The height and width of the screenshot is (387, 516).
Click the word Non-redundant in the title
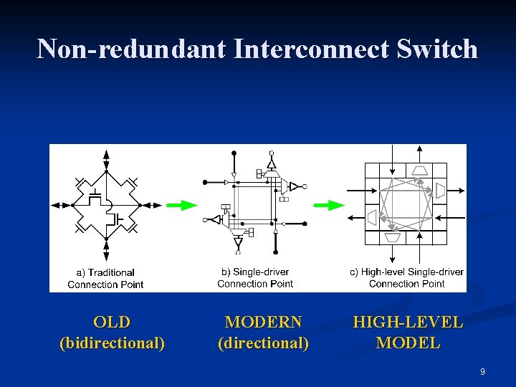pyautogui.click(x=130, y=49)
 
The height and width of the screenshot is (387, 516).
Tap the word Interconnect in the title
pyautogui.click(x=311, y=49)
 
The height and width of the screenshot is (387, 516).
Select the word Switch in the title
pyautogui.click(x=439, y=49)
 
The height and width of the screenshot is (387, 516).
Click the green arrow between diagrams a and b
pyautogui.click(x=181, y=205)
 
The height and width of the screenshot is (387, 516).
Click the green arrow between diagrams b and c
pyautogui.click(x=329, y=205)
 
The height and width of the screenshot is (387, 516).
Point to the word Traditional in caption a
pyautogui.click(x=110, y=272)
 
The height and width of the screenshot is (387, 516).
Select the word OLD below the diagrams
pyautogui.click(x=112, y=322)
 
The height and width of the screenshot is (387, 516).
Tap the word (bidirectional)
pyautogui.click(x=112, y=343)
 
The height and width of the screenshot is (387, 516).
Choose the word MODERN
pyautogui.click(x=263, y=322)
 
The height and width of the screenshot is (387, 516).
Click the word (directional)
pyautogui.click(x=263, y=343)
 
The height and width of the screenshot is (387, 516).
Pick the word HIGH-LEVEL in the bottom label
pyautogui.click(x=408, y=322)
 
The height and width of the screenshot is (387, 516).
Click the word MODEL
pyautogui.click(x=408, y=343)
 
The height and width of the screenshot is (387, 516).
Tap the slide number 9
pyautogui.click(x=482, y=371)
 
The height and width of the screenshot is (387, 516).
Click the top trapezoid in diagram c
pyautogui.click(x=419, y=170)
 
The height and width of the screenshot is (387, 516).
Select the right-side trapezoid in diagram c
pyautogui.click(x=441, y=190)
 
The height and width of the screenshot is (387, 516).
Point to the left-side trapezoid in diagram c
pyautogui.click(x=372, y=217)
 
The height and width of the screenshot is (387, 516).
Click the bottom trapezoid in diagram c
pyautogui.click(x=393, y=237)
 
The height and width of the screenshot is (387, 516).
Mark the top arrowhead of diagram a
pyautogui.click(x=106, y=154)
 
